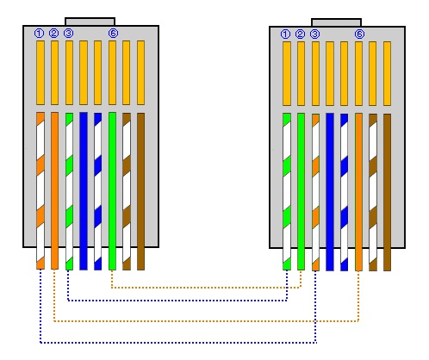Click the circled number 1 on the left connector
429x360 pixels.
tap(39, 34)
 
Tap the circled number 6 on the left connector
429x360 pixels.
tap(113, 34)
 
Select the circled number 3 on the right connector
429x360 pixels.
tap(314, 34)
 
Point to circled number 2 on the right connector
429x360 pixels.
tap(300, 34)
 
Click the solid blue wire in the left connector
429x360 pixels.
tap(84, 191)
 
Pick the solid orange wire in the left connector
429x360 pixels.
tap(54, 191)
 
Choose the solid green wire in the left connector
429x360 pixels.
tap(112, 191)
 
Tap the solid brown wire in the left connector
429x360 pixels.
tap(140, 191)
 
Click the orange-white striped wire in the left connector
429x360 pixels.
tap(40, 191)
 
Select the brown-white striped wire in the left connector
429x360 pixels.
tap(127, 191)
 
